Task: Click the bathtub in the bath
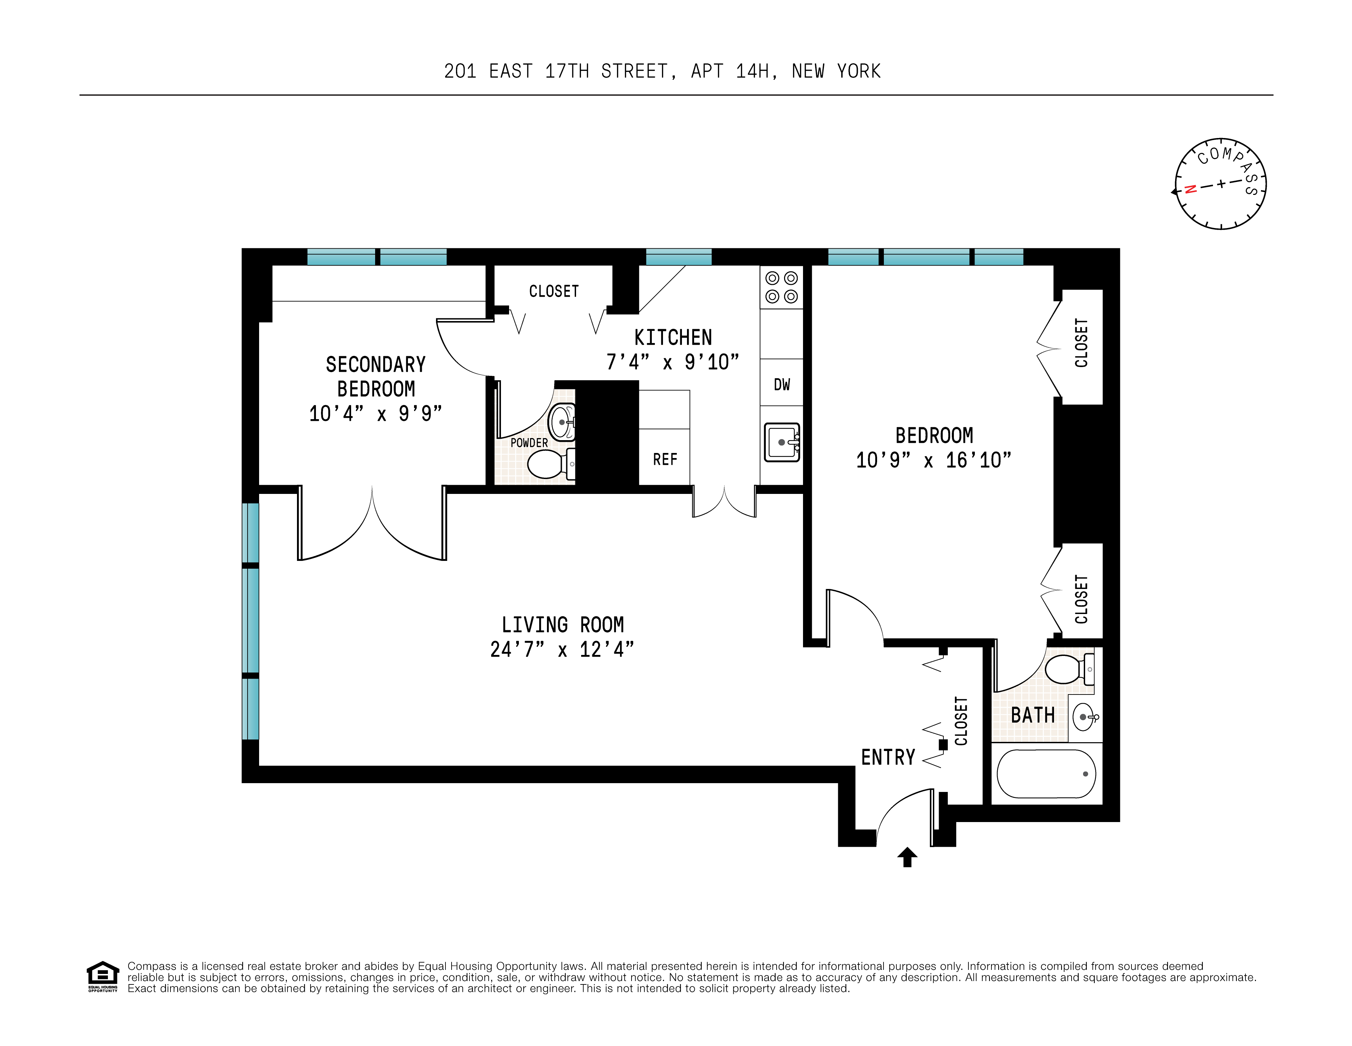click(1046, 774)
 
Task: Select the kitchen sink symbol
click(782, 441)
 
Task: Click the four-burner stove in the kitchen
click(781, 287)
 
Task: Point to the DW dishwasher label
click(782, 385)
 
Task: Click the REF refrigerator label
click(665, 459)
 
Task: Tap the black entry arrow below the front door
click(907, 857)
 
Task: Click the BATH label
click(1032, 715)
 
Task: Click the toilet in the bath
click(1066, 669)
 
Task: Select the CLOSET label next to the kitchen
click(553, 291)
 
